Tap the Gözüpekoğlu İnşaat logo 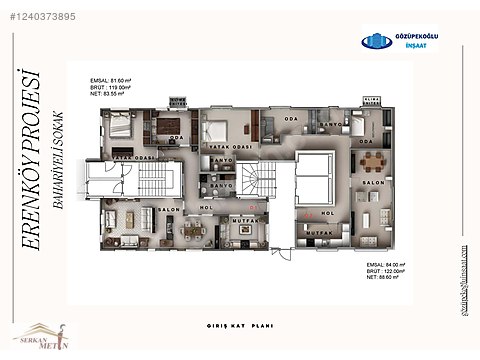tap(399, 41)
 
